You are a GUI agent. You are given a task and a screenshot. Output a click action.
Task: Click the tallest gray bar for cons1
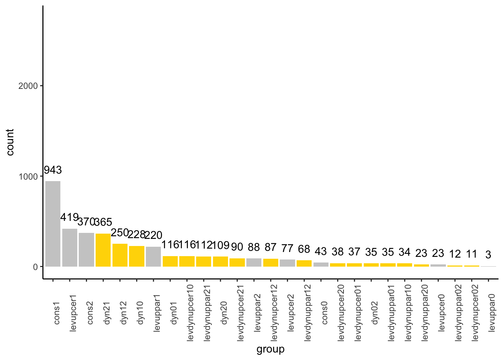(x=53, y=224)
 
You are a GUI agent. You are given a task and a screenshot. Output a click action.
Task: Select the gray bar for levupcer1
(x=70, y=247)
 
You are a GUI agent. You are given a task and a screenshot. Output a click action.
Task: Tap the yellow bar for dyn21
(x=103, y=250)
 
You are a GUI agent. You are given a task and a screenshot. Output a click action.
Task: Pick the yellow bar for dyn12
(x=120, y=255)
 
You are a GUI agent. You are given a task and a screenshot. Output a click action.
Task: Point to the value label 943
(x=53, y=170)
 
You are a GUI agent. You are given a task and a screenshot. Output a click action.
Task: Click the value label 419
(x=69, y=217)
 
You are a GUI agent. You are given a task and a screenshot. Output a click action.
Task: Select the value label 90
(x=237, y=247)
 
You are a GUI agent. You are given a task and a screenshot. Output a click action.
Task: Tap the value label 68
(x=304, y=249)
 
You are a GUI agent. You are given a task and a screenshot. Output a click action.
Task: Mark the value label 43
(x=321, y=251)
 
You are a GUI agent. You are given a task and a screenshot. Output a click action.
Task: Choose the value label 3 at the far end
(x=488, y=255)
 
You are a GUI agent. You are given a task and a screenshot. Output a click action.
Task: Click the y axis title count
(x=10, y=142)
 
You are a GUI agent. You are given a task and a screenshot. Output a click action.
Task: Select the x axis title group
(x=270, y=349)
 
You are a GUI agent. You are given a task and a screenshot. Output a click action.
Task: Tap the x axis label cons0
(x=325, y=313)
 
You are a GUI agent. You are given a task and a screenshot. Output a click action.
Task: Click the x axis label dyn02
(x=375, y=313)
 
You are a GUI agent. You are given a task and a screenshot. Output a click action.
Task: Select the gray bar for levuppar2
(x=254, y=262)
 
